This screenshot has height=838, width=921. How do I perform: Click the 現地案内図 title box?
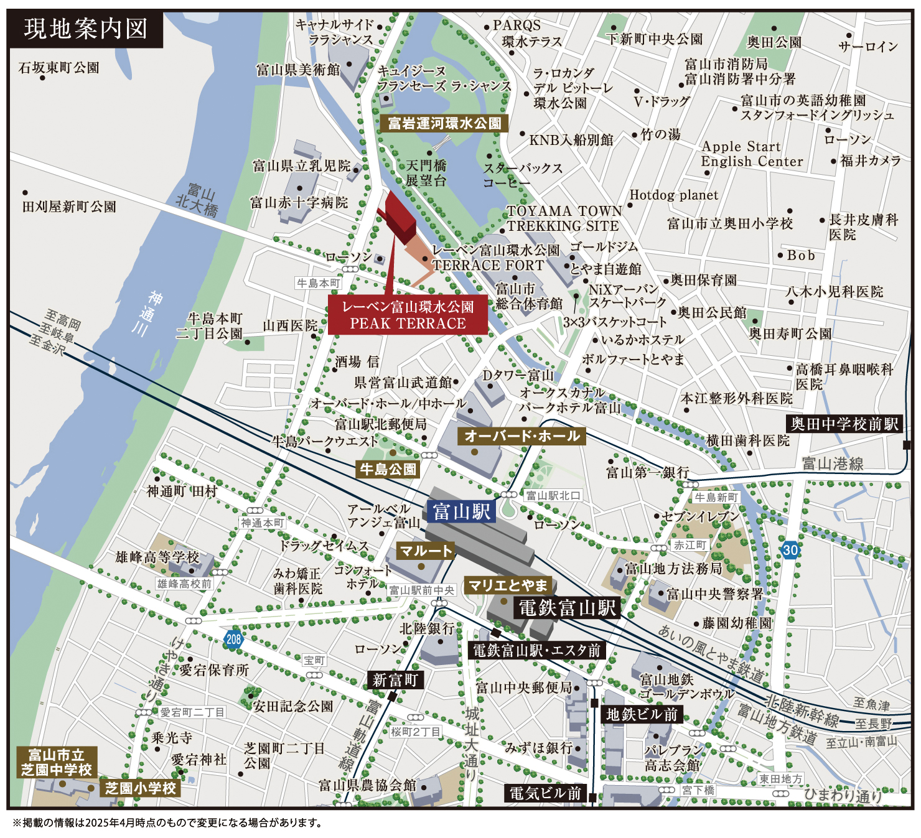pyautogui.click(x=85, y=29)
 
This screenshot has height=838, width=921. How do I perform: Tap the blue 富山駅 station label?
pyautogui.click(x=462, y=511)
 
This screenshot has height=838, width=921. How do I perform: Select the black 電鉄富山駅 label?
pyautogui.click(x=567, y=607)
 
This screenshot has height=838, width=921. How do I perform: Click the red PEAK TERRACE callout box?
pyautogui.click(x=408, y=315)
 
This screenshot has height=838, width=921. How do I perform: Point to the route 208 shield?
pyautogui.click(x=233, y=639)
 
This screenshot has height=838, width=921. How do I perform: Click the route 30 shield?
pyautogui.click(x=790, y=550)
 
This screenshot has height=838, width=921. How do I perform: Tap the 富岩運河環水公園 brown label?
pyautogui.click(x=444, y=123)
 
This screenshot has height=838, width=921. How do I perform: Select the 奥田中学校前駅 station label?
pyautogui.click(x=844, y=424)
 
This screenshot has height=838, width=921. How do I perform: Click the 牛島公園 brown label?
pyautogui.click(x=388, y=469)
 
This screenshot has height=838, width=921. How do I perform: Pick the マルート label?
pyautogui.click(x=425, y=551)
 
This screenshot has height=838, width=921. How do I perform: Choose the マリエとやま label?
pyautogui.click(x=508, y=585)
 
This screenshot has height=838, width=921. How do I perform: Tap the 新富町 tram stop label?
pyautogui.click(x=395, y=680)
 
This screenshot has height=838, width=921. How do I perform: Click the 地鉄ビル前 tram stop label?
pyautogui.click(x=642, y=714)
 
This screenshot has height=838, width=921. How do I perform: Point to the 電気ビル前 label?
pyautogui.click(x=545, y=793)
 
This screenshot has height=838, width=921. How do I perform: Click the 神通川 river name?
pyautogui.click(x=148, y=314)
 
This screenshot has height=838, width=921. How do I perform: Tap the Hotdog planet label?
pyautogui.click(x=673, y=195)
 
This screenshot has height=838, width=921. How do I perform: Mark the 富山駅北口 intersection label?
pyautogui.click(x=553, y=495)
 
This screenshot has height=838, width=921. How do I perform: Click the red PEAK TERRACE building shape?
pyautogui.click(x=400, y=215)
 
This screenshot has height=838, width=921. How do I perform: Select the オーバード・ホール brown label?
pyautogui.click(x=522, y=436)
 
